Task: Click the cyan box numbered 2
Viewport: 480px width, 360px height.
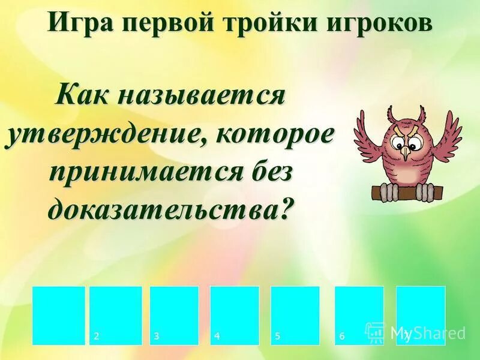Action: pyautogui.click(x=116, y=315)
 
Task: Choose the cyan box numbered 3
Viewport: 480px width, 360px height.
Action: pyautogui.click(x=174, y=315)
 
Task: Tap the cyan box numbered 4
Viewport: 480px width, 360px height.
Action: pyautogui.click(x=235, y=315)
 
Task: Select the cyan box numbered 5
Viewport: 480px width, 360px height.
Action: pyautogui.click(x=295, y=315)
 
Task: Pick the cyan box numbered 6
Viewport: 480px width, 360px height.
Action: pyautogui.click(x=359, y=315)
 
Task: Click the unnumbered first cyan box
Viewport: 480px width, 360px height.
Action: pyautogui.click(x=59, y=315)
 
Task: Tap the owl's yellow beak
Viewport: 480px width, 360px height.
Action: pyautogui.click(x=406, y=153)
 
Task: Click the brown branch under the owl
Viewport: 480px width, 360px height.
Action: pyautogui.click(x=408, y=191)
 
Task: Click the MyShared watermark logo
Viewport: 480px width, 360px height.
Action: pyautogui.click(x=415, y=332)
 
